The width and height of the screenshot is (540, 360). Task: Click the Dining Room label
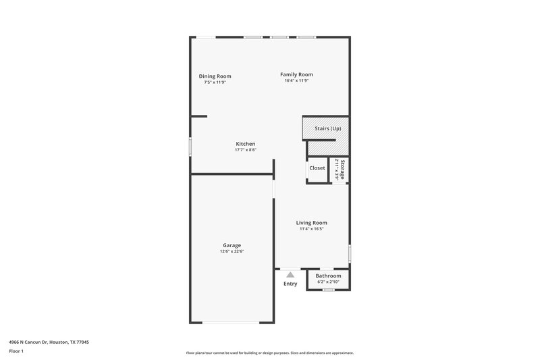(x=215, y=76)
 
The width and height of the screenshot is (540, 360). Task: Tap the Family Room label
(x=297, y=74)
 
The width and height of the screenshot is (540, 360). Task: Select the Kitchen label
(x=245, y=143)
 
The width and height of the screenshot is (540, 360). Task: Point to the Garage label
(x=232, y=245)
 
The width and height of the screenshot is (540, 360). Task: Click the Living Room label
(x=312, y=222)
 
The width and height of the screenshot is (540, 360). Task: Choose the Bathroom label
(x=329, y=276)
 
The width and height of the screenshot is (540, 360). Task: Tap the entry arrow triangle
(x=290, y=275)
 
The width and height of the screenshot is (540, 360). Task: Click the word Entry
(x=290, y=284)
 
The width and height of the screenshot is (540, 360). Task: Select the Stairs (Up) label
(x=328, y=128)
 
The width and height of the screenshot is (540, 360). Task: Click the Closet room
(x=317, y=168)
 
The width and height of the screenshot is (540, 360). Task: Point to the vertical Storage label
(x=343, y=169)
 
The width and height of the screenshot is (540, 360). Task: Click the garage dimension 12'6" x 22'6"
(x=232, y=251)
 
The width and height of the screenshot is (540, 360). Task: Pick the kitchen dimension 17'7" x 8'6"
(x=245, y=149)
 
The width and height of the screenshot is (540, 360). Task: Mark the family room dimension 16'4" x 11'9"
(x=297, y=81)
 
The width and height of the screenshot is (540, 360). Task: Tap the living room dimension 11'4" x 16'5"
(x=312, y=228)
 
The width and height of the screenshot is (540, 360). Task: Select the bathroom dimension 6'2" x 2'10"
(x=329, y=282)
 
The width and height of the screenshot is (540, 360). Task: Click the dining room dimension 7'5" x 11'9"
(x=215, y=82)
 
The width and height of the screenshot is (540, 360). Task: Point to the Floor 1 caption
(x=16, y=351)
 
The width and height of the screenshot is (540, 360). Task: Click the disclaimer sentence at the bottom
(x=270, y=353)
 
